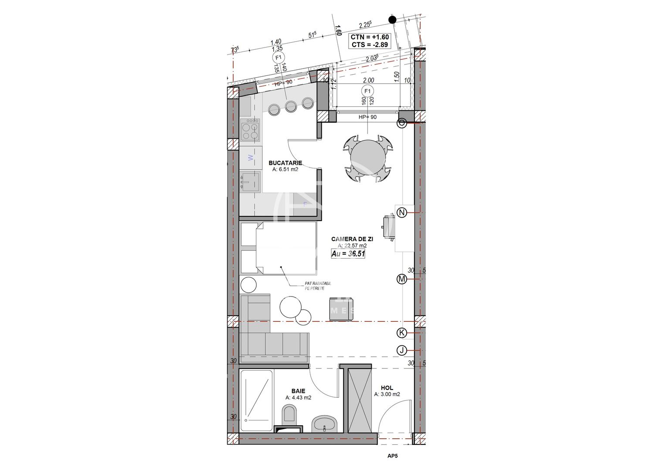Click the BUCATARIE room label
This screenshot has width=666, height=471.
click(x=285, y=163)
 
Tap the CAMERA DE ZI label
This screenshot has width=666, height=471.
click(x=352, y=239)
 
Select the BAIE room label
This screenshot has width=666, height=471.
click(x=298, y=391)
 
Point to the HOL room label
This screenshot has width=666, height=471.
click(x=387, y=388)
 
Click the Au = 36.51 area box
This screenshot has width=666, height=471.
click(x=348, y=254)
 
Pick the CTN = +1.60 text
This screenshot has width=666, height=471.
click(x=369, y=38)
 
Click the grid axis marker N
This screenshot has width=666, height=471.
click(x=402, y=213)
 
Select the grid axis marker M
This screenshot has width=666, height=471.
click(x=402, y=279)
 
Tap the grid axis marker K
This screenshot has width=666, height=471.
click(x=402, y=333)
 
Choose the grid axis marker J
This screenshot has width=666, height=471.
click(x=402, y=350)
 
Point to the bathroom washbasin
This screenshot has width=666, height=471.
click(x=324, y=423)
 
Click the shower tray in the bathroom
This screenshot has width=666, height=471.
click(x=256, y=400)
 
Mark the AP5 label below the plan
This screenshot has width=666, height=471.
click(x=392, y=457)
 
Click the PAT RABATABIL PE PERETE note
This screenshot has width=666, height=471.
click(x=318, y=286)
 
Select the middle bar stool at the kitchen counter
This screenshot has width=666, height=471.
click(x=291, y=105)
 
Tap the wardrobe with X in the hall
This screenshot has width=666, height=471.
click(x=360, y=400)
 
